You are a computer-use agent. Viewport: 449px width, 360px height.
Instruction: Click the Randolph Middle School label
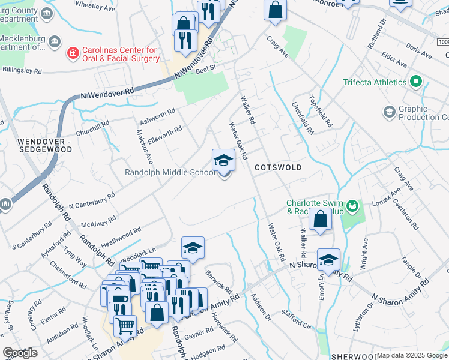pyautogui.click(x=169, y=173)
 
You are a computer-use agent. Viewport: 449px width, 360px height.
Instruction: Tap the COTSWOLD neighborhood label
pyautogui.click(x=277, y=167)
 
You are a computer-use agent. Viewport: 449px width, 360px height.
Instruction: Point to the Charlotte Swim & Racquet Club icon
pyautogui.click(x=352, y=207)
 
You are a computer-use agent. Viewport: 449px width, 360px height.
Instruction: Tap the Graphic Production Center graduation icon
pyautogui.click(x=389, y=112)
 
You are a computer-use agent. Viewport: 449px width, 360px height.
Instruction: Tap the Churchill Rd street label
pyautogui.click(x=92, y=128)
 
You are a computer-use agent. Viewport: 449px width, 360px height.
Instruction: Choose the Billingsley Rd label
pyautogui.click(x=22, y=71)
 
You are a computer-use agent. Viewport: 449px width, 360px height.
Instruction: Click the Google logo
pyautogui.click(x=20, y=352)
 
